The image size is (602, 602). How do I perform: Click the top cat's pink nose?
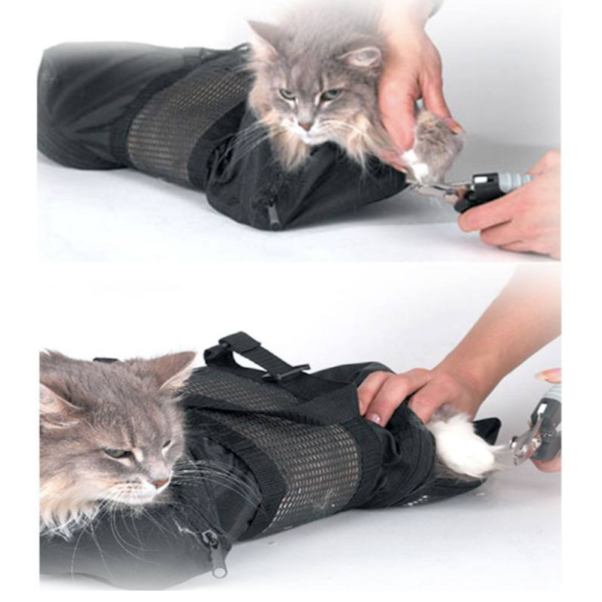point(305,125)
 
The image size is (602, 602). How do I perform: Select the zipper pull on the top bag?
point(274,215)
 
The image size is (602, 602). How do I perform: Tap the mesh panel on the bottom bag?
point(301,458)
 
